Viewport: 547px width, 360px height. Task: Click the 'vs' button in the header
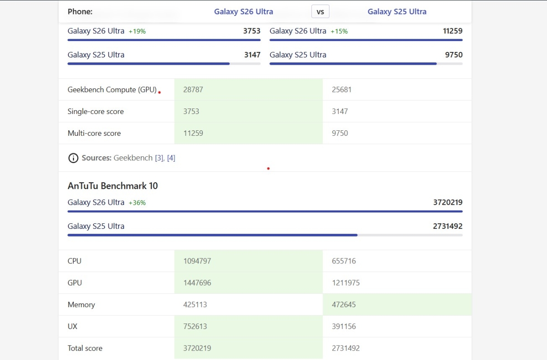tap(320, 12)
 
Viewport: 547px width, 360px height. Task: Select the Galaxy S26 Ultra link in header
tap(243, 12)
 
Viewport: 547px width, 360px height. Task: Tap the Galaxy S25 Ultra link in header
tap(397, 12)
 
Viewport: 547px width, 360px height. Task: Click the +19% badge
tap(137, 31)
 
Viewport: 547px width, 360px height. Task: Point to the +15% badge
tap(339, 31)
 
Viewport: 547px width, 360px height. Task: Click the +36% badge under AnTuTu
tap(137, 203)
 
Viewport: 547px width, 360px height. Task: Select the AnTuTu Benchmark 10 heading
tap(113, 186)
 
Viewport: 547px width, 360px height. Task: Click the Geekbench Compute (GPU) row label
tap(112, 90)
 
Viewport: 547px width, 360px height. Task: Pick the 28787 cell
tap(193, 90)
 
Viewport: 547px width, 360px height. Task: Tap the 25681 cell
tap(342, 90)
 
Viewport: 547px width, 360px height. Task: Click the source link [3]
tap(159, 158)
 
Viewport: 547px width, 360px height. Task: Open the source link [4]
tap(171, 158)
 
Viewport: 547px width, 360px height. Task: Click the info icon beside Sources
tap(73, 158)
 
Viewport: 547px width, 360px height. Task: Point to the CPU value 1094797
tap(197, 261)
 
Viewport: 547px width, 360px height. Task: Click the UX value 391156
tap(344, 326)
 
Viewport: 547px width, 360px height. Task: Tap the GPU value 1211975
tap(346, 283)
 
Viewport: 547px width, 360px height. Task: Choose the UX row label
tap(72, 326)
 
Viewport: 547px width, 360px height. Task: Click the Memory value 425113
tap(195, 304)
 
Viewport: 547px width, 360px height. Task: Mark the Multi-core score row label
tap(94, 134)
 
